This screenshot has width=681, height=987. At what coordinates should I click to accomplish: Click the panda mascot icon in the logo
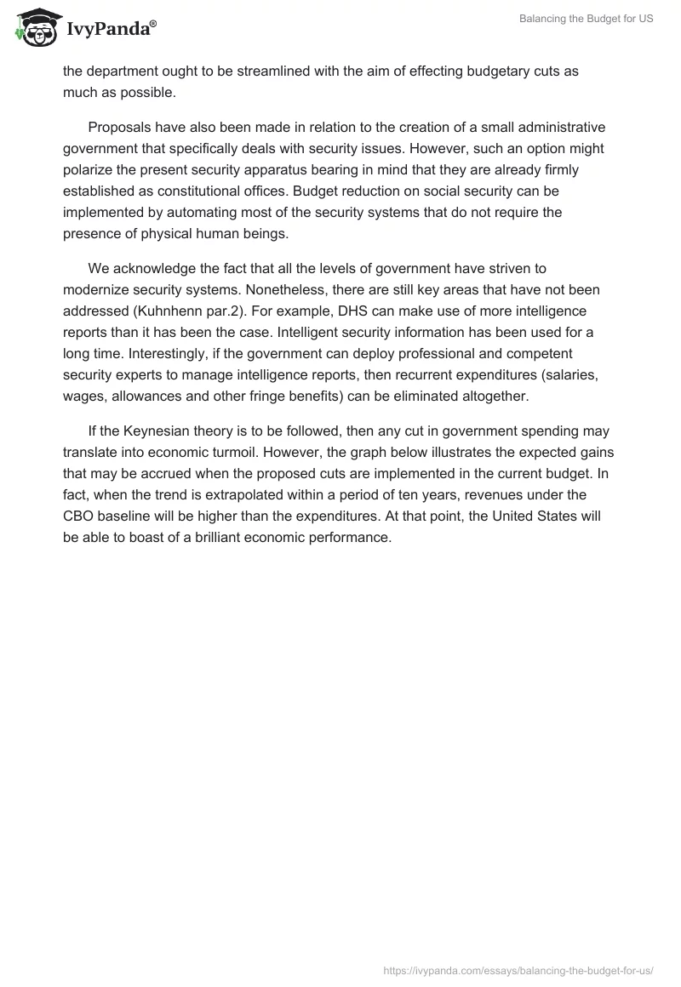(x=34, y=27)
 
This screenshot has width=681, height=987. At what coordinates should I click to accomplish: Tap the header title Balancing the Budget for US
(x=587, y=19)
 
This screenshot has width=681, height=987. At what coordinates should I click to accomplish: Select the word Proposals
(x=121, y=127)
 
